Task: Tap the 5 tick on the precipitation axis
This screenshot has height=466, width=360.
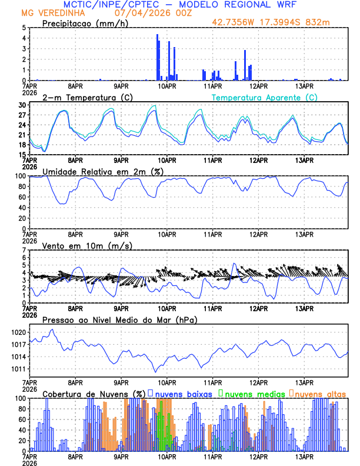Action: point(23,28)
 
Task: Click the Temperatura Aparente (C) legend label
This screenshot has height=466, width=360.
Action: point(265,97)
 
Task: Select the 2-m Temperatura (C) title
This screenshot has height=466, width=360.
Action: point(82,97)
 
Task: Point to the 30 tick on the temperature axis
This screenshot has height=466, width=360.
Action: point(21,105)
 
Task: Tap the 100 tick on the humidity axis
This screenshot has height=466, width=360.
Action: point(19,176)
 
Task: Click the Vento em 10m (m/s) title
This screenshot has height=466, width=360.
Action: point(79,245)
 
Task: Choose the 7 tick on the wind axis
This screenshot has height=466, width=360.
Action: point(23,250)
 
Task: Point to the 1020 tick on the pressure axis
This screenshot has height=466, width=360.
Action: point(18,332)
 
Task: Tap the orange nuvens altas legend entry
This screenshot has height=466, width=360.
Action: point(318,393)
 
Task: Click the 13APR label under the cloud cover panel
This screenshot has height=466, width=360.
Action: point(304,457)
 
